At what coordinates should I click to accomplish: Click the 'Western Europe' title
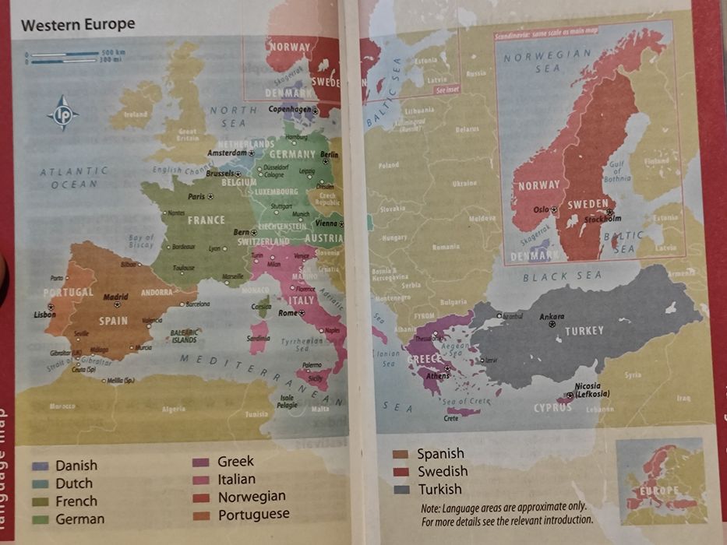point(78,24)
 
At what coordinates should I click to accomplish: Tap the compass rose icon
point(62,113)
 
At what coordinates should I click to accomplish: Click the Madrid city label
point(115,297)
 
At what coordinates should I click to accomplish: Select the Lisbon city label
point(45,315)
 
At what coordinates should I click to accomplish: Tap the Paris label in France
point(196,197)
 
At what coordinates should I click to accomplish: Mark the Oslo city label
point(541,209)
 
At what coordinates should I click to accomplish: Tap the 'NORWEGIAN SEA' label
point(547,62)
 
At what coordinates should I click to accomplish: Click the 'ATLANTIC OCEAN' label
point(74,178)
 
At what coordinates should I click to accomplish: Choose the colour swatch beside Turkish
point(401,490)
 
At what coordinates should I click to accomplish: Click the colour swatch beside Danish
point(40,466)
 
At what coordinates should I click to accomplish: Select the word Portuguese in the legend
point(253,515)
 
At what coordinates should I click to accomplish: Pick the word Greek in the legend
point(235,462)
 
